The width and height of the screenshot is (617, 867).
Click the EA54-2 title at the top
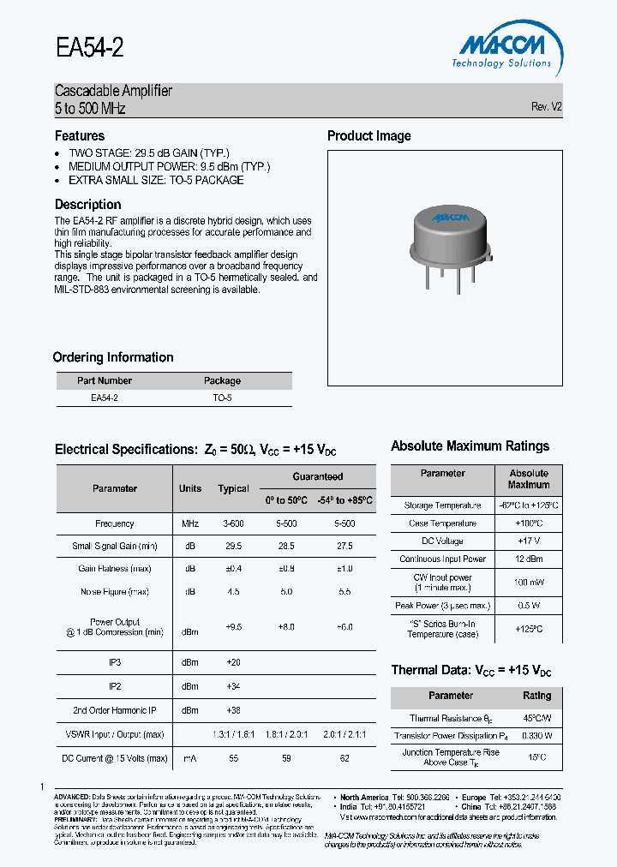(x=89, y=47)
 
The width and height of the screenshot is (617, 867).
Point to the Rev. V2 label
(x=546, y=107)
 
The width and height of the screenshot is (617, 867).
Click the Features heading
(x=80, y=135)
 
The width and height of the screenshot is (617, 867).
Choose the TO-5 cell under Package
(x=222, y=398)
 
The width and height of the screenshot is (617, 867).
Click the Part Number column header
(x=105, y=380)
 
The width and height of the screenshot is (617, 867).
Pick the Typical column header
(x=233, y=488)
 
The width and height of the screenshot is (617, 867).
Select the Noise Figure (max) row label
(x=115, y=591)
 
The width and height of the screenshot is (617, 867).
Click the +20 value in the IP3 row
(x=233, y=662)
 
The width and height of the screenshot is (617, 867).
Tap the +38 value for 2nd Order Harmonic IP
(x=233, y=710)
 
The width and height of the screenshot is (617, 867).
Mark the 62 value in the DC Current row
(x=344, y=758)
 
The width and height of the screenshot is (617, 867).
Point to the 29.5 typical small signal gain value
(x=233, y=545)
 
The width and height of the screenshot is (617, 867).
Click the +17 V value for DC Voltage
(x=528, y=541)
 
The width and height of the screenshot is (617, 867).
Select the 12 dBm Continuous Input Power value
(x=528, y=559)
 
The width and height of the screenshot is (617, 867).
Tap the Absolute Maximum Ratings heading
(x=470, y=445)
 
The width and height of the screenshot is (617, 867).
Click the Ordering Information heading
(x=113, y=357)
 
